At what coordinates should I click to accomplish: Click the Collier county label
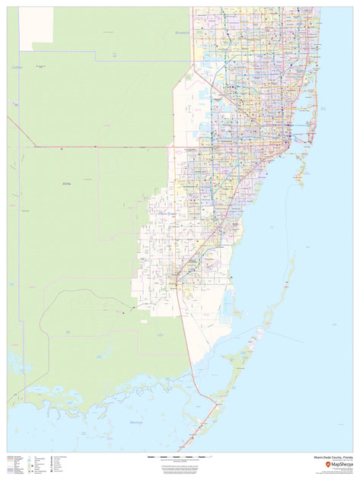(18, 68)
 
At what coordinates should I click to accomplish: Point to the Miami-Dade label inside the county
(167, 214)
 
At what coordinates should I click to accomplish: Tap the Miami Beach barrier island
(312, 114)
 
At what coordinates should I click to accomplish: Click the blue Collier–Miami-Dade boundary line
(8, 190)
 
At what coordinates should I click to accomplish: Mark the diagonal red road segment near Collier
(21, 131)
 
